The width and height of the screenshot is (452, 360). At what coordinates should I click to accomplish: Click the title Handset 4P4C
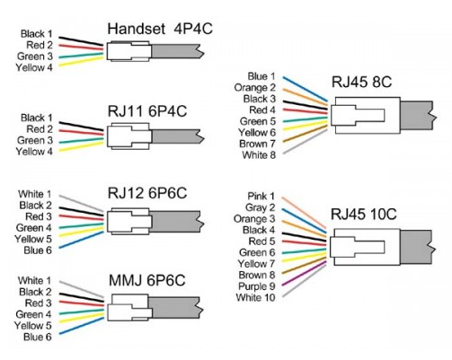click(x=159, y=30)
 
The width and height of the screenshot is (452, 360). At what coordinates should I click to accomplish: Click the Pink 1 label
click(x=260, y=196)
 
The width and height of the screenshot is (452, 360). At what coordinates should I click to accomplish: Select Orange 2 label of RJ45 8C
click(x=254, y=88)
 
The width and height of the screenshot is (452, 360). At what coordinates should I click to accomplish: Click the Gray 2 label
click(x=259, y=207)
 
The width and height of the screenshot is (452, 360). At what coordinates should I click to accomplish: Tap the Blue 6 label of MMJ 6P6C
click(x=37, y=338)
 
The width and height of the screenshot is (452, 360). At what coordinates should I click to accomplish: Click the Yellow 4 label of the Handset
click(x=34, y=67)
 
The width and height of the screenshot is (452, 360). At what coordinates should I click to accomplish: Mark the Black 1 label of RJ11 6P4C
click(x=36, y=118)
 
